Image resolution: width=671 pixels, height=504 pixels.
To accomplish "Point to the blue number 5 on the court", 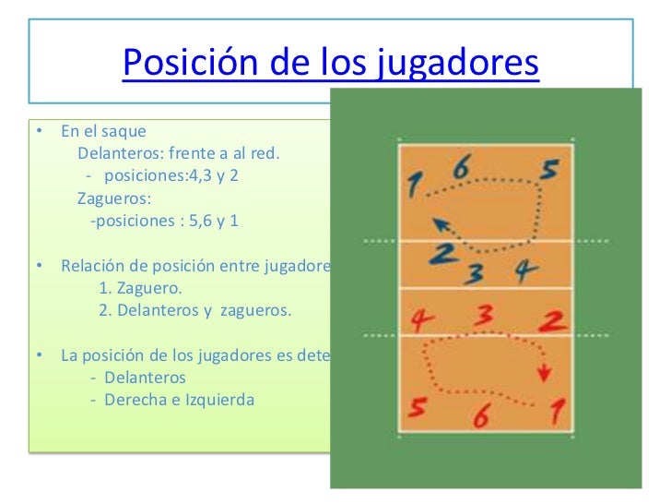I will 548,171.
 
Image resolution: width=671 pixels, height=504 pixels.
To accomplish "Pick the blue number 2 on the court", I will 442,254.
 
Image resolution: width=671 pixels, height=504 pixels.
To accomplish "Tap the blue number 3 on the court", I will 475,273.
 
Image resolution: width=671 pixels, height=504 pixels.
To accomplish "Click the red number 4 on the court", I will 421,321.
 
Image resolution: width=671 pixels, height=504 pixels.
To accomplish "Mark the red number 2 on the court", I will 553,321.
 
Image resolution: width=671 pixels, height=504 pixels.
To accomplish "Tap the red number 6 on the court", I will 480,416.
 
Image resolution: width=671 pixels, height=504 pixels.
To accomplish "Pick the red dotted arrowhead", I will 545,373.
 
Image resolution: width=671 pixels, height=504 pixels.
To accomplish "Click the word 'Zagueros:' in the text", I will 115,198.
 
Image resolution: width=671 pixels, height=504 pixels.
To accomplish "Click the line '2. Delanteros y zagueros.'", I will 195,310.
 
